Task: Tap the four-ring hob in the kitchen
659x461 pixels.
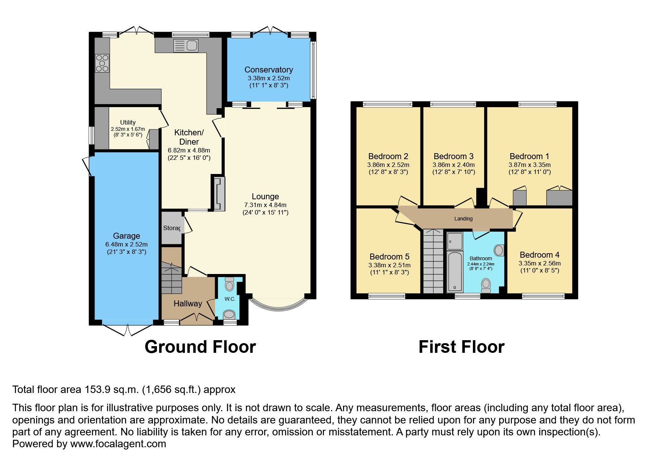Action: (x=102, y=63)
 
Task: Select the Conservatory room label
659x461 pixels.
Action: (x=268, y=70)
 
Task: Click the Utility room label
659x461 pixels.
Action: (x=128, y=122)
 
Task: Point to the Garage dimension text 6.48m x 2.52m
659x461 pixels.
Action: (x=126, y=244)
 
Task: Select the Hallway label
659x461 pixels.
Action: (x=188, y=303)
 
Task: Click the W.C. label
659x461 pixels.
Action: (x=230, y=299)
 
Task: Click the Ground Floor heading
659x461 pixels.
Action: (x=200, y=347)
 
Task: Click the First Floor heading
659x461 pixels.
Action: (x=461, y=347)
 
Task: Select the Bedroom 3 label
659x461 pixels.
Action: (x=453, y=156)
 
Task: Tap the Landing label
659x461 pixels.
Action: (x=463, y=219)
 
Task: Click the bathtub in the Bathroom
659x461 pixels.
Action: (x=454, y=271)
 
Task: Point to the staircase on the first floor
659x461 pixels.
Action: (x=434, y=262)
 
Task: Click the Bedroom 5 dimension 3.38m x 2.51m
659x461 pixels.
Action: (x=389, y=265)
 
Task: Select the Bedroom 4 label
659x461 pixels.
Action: (x=539, y=255)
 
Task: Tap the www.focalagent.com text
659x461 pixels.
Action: (x=118, y=444)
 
